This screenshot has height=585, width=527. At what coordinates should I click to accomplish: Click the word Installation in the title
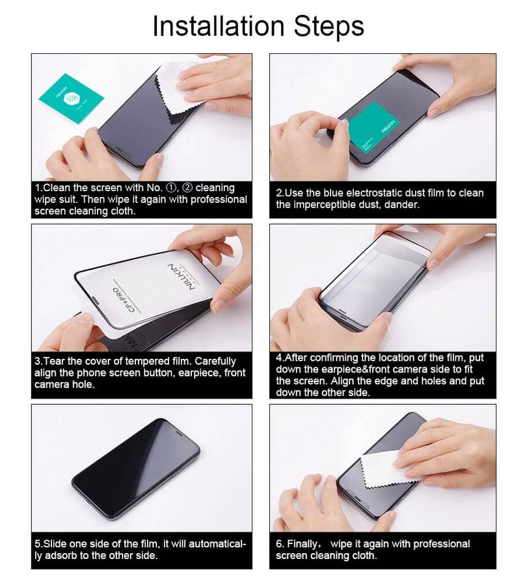tap(219, 25)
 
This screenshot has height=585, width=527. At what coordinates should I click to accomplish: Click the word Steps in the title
tap(329, 26)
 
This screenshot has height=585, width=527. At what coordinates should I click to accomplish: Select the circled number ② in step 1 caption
tap(188, 188)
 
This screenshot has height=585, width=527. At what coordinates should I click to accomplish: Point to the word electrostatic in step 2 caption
tap(377, 193)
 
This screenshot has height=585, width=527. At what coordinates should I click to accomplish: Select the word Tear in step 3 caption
tap(55, 361)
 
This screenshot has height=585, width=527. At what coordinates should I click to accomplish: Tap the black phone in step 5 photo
tap(136, 468)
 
